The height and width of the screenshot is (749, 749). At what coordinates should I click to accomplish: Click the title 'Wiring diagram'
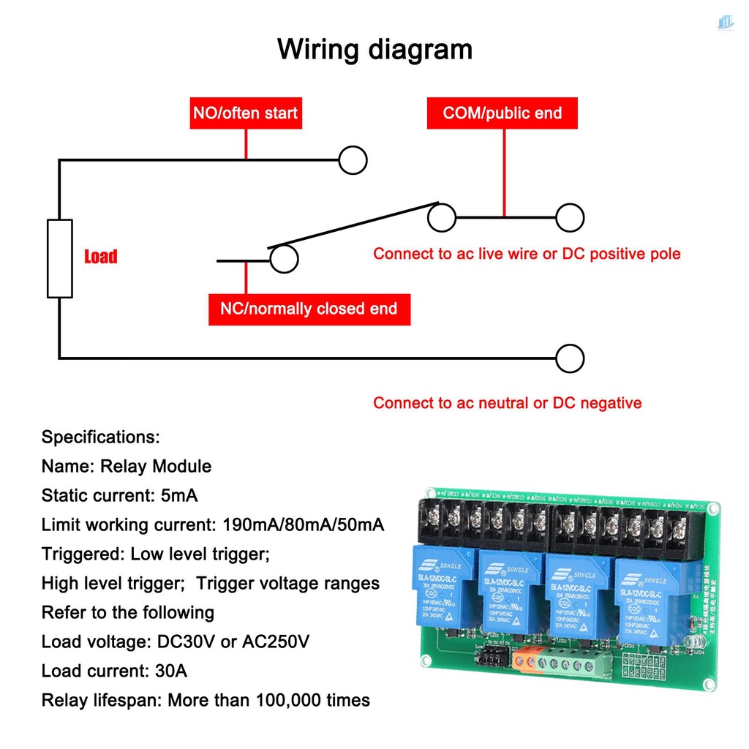pyautogui.click(x=374, y=50)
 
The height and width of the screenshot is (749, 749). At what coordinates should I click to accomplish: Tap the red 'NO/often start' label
pyautogui.click(x=245, y=113)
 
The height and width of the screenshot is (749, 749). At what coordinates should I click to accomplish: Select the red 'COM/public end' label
pyautogui.click(x=503, y=113)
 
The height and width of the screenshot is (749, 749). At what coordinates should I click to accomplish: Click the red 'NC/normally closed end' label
pyautogui.click(x=309, y=309)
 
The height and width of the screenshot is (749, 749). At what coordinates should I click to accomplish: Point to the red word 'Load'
pyautogui.click(x=100, y=257)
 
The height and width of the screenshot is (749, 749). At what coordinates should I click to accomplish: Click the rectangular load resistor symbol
pyautogui.click(x=60, y=258)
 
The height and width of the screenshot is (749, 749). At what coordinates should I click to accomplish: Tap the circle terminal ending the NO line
pyautogui.click(x=353, y=160)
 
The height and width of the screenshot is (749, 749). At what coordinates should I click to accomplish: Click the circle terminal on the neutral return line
pyautogui.click(x=570, y=358)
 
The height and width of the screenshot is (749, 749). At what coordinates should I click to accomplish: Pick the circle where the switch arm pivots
pyautogui.click(x=441, y=217)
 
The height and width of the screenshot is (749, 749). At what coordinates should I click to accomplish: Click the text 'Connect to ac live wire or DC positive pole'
pyautogui.click(x=527, y=254)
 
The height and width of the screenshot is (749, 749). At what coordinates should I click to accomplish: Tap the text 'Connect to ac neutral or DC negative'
pyautogui.click(x=507, y=403)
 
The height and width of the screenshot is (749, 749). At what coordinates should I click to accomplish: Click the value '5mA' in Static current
pyautogui.click(x=178, y=495)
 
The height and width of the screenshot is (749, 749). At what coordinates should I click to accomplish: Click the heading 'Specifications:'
pyautogui.click(x=100, y=437)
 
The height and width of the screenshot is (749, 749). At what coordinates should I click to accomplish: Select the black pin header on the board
pyautogui.click(x=491, y=659)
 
